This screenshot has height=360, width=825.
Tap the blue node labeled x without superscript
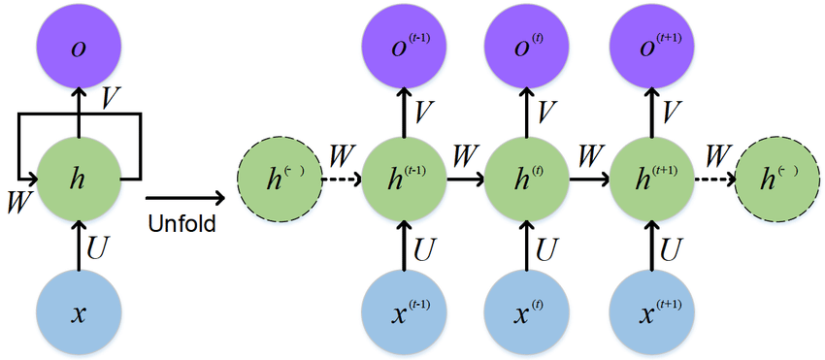point(80,313)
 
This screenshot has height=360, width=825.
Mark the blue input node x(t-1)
point(404,313)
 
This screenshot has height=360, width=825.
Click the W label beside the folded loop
point(17,202)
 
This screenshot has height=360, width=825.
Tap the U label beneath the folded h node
point(99,247)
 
